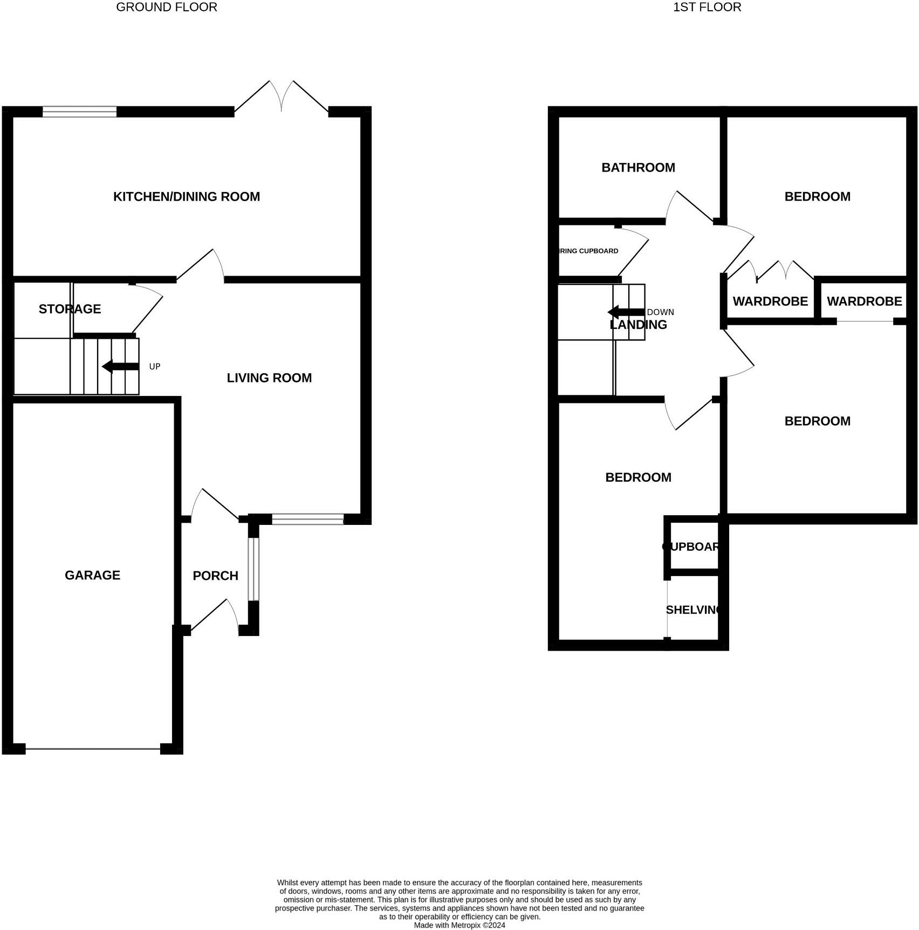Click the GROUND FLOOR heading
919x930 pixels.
(x=167, y=8)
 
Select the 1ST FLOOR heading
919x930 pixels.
(x=707, y=8)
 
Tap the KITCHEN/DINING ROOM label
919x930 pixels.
(x=187, y=197)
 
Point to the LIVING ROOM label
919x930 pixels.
(x=269, y=378)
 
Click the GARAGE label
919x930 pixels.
(x=92, y=576)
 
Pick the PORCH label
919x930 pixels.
(x=215, y=576)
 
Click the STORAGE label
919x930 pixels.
(x=70, y=309)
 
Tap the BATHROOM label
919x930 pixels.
(x=638, y=168)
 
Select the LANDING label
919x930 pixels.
(x=638, y=325)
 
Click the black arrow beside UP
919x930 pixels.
(x=120, y=367)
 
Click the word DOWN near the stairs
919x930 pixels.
(x=660, y=312)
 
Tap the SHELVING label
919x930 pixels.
(x=693, y=610)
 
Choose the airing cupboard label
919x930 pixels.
(x=588, y=251)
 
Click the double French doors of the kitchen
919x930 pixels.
(x=281, y=100)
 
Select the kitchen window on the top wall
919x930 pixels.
(x=79, y=112)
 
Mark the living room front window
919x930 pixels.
(x=307, y=519)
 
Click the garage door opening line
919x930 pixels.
(x=93, y=749)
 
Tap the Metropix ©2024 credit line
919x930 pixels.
(x=459, y=925)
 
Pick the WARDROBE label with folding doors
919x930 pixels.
(x=770, y=302)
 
